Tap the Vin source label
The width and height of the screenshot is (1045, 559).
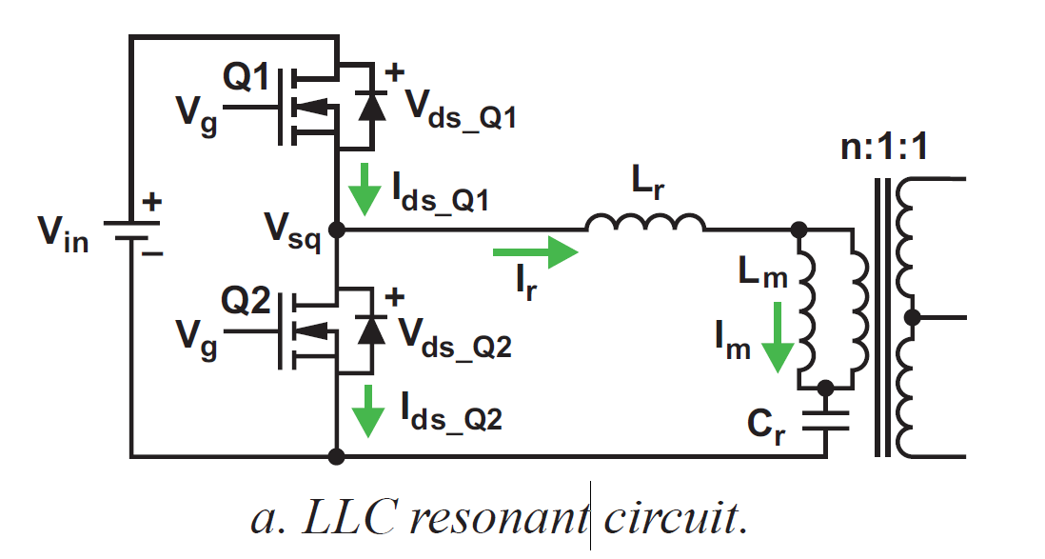[64, 234]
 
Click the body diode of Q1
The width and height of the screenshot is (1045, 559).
[370, 107]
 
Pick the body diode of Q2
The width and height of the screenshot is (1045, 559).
[370, 330]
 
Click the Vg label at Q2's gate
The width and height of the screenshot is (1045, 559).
[197, 339]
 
